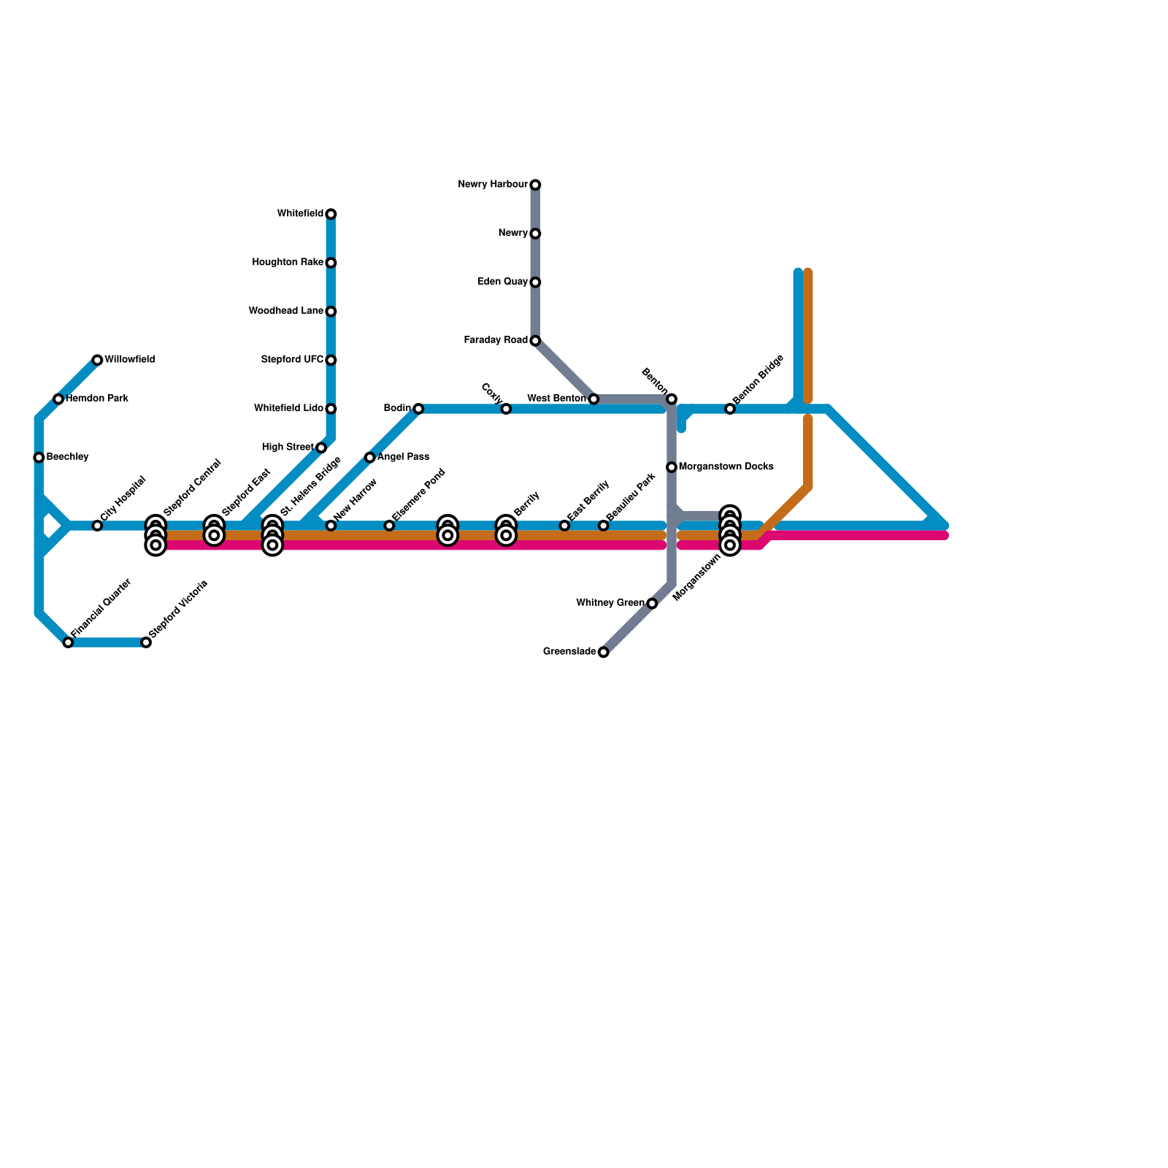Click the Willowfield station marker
pos(97,360)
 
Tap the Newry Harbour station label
pos(493,185)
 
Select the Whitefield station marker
pos(331,214)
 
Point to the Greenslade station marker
pos(603,652)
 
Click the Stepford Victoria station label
pos(179,609)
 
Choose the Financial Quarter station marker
pos(68,642)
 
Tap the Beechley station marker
pos(39,458)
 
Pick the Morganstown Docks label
pos(726,466)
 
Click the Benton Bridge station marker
pos(730,409)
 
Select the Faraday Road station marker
pos(535,341)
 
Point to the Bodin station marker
pos(418,409)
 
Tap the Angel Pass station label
pos(403,457)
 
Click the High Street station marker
pos(321,447)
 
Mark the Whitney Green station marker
pos(652,604)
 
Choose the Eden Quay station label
pos(502,282)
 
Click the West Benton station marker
pos(593,399)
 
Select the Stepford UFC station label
pos(292,360)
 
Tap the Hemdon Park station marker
pos(58,399)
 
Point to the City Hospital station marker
pos(97,526)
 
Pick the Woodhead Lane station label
pos(285,311)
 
